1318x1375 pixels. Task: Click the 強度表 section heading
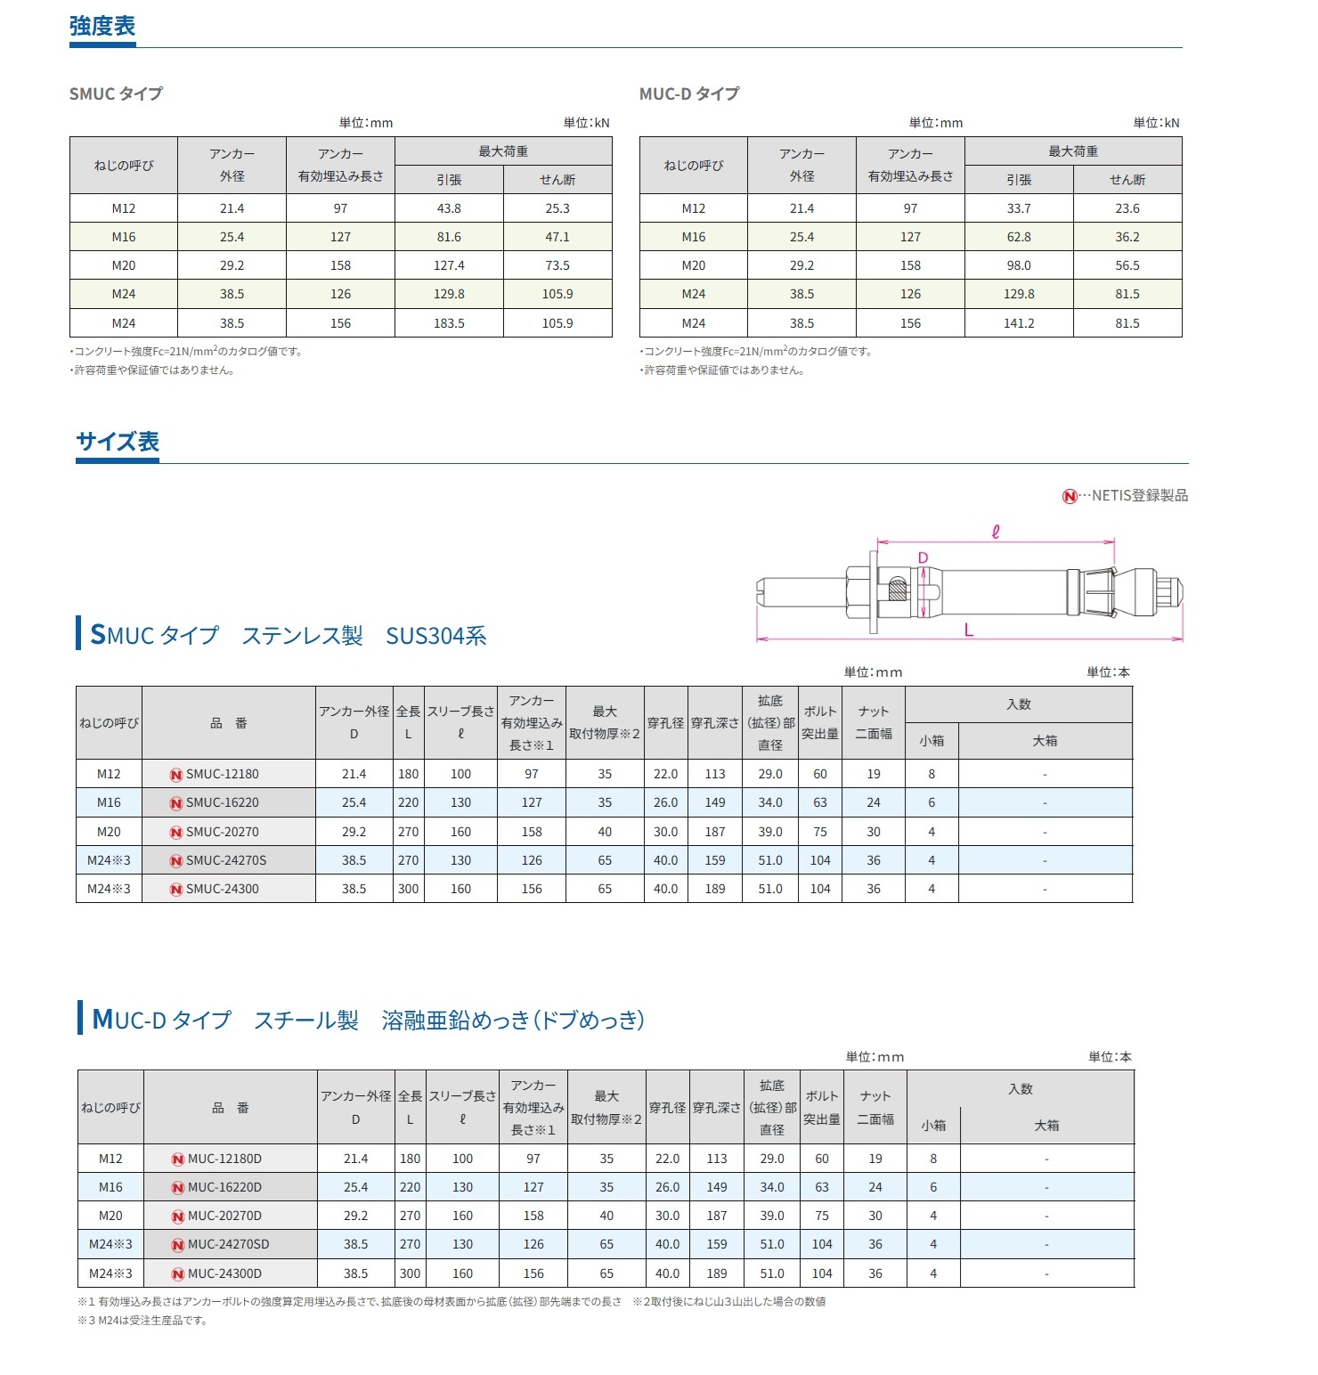[102, 27]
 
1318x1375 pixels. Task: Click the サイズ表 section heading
[118, 442]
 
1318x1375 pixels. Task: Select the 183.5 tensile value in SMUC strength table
[449, 323]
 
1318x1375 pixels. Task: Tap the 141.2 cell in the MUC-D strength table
[1019, 323]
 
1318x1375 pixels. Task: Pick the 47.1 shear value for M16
[557, 237]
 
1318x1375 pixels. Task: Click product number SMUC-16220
[222, 802]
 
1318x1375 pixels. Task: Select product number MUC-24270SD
[228, 1244]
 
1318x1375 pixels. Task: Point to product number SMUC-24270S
[225, 860]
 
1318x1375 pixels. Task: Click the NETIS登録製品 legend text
[1139, 495]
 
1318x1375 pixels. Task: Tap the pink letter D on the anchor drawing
[923, 557]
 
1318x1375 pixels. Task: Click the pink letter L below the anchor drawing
[969, 631]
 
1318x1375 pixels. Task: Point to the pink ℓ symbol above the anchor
[996, 532]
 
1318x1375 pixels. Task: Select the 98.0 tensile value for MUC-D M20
[1019, 265]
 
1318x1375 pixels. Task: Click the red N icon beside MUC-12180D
[177, 1159]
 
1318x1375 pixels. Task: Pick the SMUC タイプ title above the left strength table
[116, 94]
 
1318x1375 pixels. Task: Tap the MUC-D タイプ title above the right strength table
[689, 94]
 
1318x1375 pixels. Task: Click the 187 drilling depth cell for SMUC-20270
[715, 832]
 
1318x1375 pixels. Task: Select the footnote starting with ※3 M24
[142, 1320]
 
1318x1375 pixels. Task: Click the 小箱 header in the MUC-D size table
[933, 1126]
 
